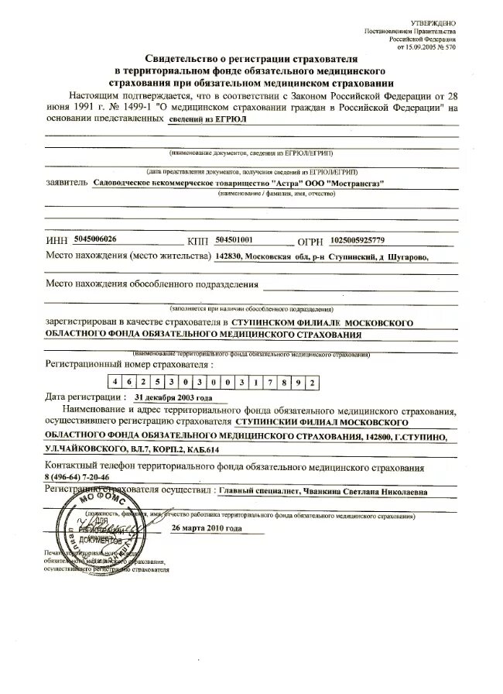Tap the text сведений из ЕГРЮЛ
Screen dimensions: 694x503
pyautogui.click(x=209, y=121)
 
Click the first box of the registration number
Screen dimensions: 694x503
pyautogui.click(x=114, y=380)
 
